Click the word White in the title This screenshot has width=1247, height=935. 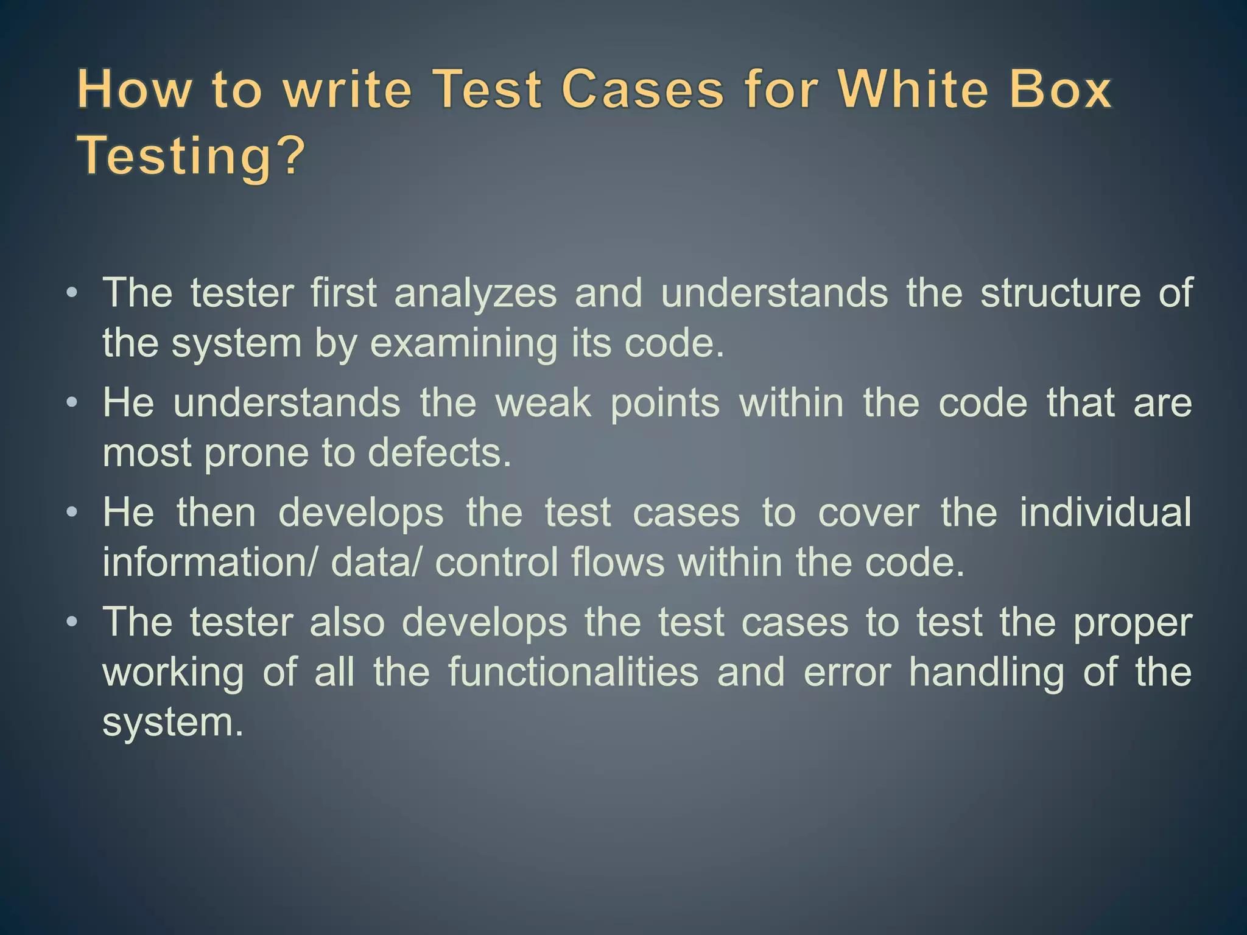913,90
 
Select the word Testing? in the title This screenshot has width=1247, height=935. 191,156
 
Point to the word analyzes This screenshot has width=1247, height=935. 476,293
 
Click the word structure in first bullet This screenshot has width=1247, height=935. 1060,293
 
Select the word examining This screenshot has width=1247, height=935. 463,344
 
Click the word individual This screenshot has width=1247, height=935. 1105,513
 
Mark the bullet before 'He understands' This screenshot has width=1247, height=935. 72,403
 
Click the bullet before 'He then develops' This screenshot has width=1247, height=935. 72,513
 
